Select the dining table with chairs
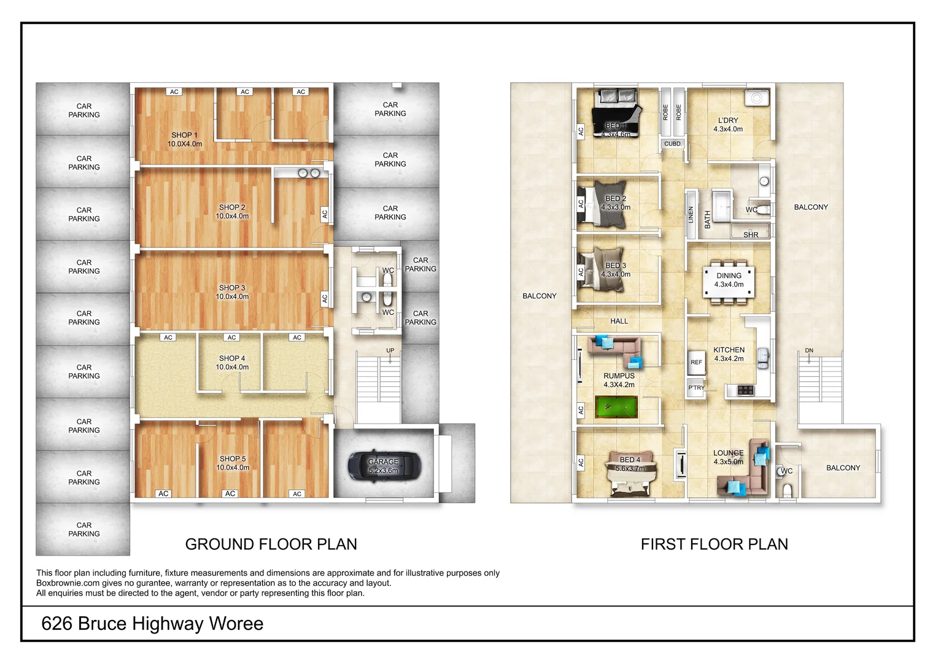click(729, 281)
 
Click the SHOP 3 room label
click(232, 287)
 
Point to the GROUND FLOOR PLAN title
click(271, 544)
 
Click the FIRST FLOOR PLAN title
click(714, 544)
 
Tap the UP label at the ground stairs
click(390, 351)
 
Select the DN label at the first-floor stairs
click(809, 351)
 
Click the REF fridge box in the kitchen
click(696, 362)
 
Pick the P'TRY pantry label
click(696, 388)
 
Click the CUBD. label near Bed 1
click(673, 144)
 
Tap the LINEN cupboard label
click(691, 214)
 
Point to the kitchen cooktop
click(745, 389)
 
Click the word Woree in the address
click(236, 624)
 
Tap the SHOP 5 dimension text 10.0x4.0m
click(233, 468)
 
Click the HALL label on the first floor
click(619, 321)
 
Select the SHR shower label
click(750, 235)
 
